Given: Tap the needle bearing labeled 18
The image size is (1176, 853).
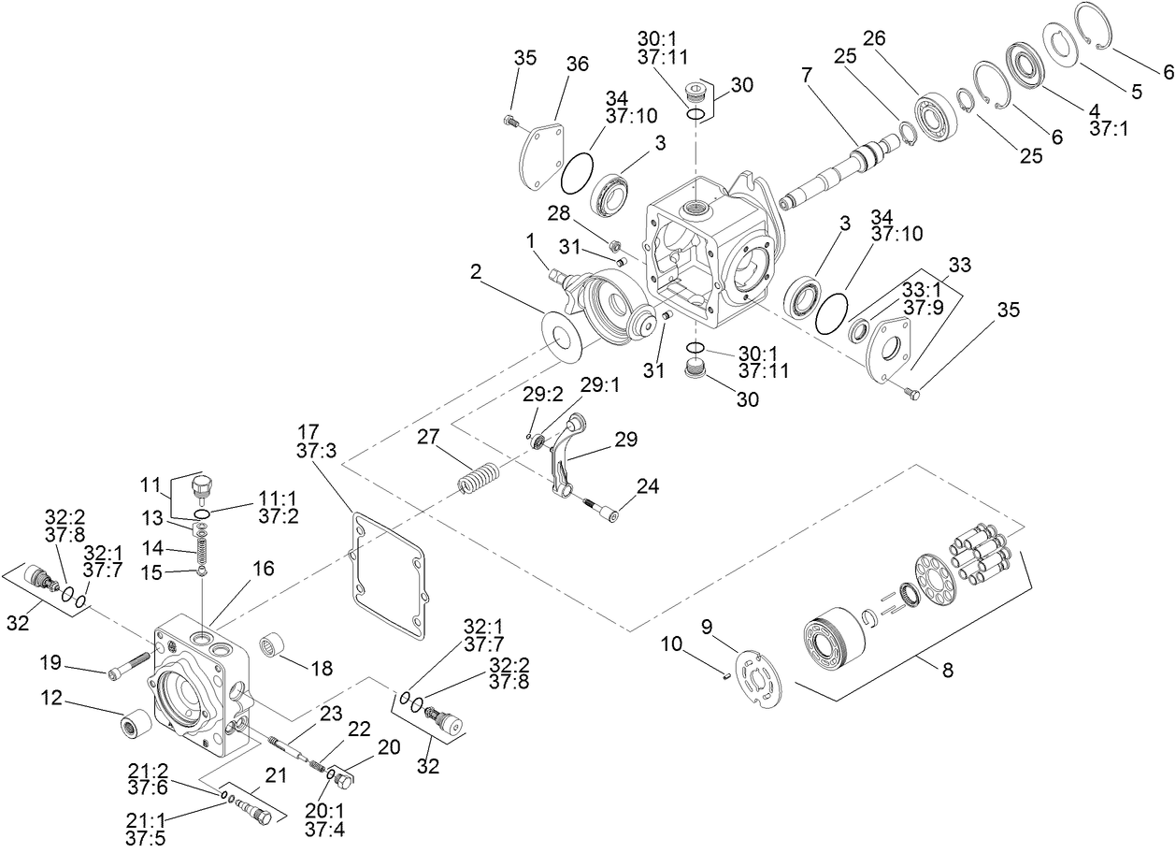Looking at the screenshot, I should [x=273, y=644].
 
